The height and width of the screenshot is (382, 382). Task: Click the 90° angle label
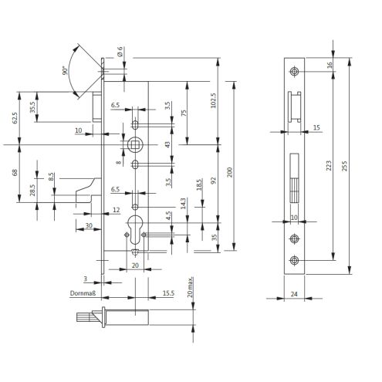pyautogui.click(x=66, y=70)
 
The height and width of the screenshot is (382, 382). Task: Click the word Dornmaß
pyautogui.click(x=83, y=293)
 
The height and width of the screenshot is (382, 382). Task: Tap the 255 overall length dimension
pyautogui.click(x=345, y=166)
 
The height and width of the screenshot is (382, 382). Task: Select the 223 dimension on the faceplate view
pyautogui.click(x=329, y=166)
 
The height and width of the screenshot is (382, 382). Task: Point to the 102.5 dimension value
pyautogui.click(x=213, y=100)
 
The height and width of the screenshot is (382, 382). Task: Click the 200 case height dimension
pyautogui.click(x=229, y=172)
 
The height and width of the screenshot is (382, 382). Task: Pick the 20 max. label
pyautogui.click(x=190, y=287)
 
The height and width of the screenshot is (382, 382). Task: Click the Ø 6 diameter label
pyautogui.click(x=120, y=52)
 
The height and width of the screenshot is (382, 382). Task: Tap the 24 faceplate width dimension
pyautogui.click(x=294, y=294)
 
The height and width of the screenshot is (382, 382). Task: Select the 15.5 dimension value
pyautogui.click(x=168, y=293)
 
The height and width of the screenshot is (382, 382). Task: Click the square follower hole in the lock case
pyautogui.click(x=134, y=145)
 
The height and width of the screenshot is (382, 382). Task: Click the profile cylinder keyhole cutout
pyautogui.click(x=135, y=230)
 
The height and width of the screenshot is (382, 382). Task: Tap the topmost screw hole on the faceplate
pyautogui.click(x=294, y=71)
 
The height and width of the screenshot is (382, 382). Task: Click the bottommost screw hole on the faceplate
pyautogui.click(x=294, y=260)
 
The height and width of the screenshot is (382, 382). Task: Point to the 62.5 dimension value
pyautogui.click(x=15, y=118)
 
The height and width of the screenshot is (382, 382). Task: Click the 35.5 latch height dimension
pyautogui.click(x=32, y=107)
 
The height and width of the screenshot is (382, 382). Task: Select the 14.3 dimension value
pyautogui.click(x=183, y=204)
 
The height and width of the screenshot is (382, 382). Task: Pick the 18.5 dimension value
pyautogui.click(x=199, y=184)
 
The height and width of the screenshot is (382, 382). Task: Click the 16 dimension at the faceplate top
pyautogui.click(x=330, y=65)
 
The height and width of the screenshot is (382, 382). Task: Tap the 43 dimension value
pyautogui.click(x=167, y=144)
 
